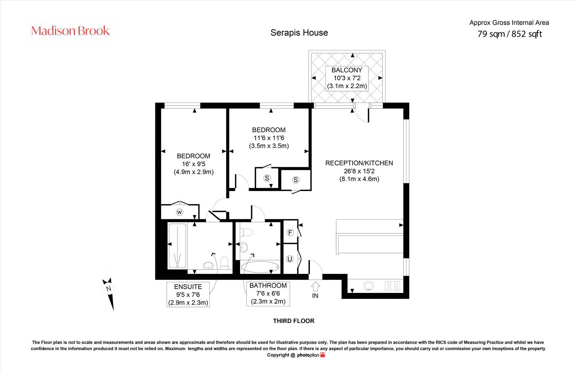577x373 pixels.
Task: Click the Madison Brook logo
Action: pyautogui.click(x=71, y=31)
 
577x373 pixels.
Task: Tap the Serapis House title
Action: pyautogui.click(x=299, y=32)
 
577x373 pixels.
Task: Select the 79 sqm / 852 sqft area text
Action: pyautogui.click(x=509, y=34)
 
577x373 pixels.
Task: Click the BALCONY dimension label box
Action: pyautogui.click(x=347, y=78)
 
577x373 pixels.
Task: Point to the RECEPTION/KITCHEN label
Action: pyautogui.click(x=359, y=163)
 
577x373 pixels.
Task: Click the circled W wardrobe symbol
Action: pyautogui.click(x=180, y=212)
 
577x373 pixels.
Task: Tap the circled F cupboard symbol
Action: pyautogui.click(x=290, y=232)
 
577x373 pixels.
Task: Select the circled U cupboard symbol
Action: pyautogui.click(x=290, y=259)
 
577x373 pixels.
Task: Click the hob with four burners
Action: pyautogui.click(x=393, y=286)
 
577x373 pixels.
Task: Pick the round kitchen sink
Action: pyautogui.click(x=369, y=286)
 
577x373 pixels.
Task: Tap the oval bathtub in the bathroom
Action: pyautogui.click(x=260, y=267)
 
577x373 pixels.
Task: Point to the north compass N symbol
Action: pyautogui.click(x=109, y=288)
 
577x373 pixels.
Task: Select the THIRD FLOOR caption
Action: pyautogui.click(x=294, y=321)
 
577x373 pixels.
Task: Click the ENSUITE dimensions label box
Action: pyautogui.click(x=188, y=295)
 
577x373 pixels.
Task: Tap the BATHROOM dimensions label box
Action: pyautogui.click(x=268, y=294)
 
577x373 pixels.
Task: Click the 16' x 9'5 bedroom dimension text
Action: pyautogui.click(x=193, y=164)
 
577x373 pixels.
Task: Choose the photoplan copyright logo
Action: pyautogui.click(x=310, y=355)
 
